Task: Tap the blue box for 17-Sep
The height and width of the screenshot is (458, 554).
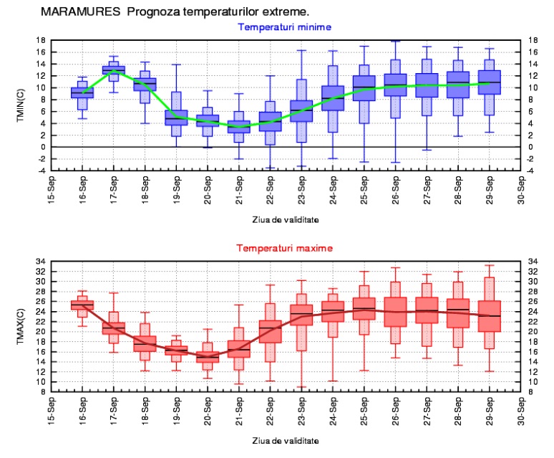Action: point(113,70)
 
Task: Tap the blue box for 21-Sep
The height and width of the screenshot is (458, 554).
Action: point(239,126)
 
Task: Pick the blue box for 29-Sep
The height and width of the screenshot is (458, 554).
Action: point(490,82)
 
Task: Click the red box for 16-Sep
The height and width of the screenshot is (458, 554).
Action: point(82,305)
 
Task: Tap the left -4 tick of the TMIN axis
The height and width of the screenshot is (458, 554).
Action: point(40,171)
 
